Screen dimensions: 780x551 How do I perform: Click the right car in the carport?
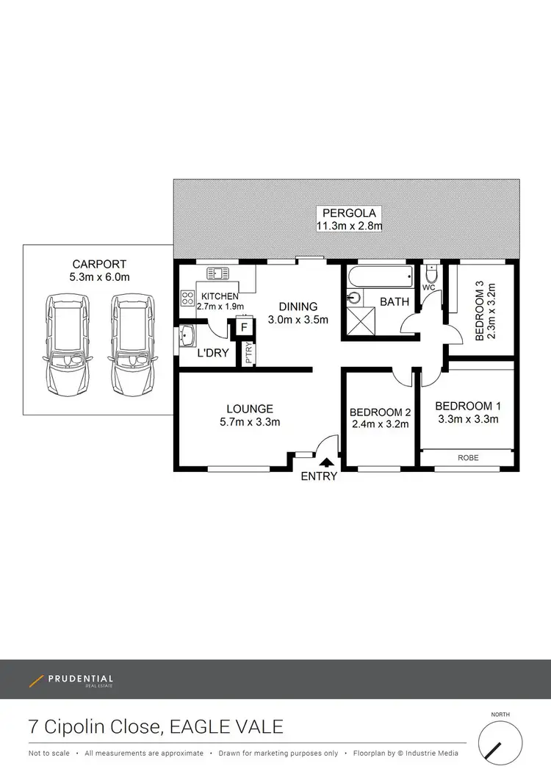132,344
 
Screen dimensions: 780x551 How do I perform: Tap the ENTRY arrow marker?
326,462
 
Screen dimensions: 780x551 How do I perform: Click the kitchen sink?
218,273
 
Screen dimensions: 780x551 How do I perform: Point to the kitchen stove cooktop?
187,298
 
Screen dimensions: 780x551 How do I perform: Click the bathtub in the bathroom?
379,279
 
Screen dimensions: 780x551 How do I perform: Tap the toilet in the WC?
433,275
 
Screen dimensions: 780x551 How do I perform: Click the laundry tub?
187,336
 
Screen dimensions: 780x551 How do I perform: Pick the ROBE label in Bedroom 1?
467,458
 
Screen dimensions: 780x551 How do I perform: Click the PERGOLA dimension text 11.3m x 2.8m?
349,226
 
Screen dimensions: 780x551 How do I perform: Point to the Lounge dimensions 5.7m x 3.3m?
250,422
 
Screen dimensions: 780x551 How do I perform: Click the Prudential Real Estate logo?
71,681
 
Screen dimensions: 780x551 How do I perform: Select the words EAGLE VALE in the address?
226,727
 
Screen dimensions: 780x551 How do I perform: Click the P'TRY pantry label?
248,354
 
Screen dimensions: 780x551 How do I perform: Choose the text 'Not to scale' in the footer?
49,754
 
